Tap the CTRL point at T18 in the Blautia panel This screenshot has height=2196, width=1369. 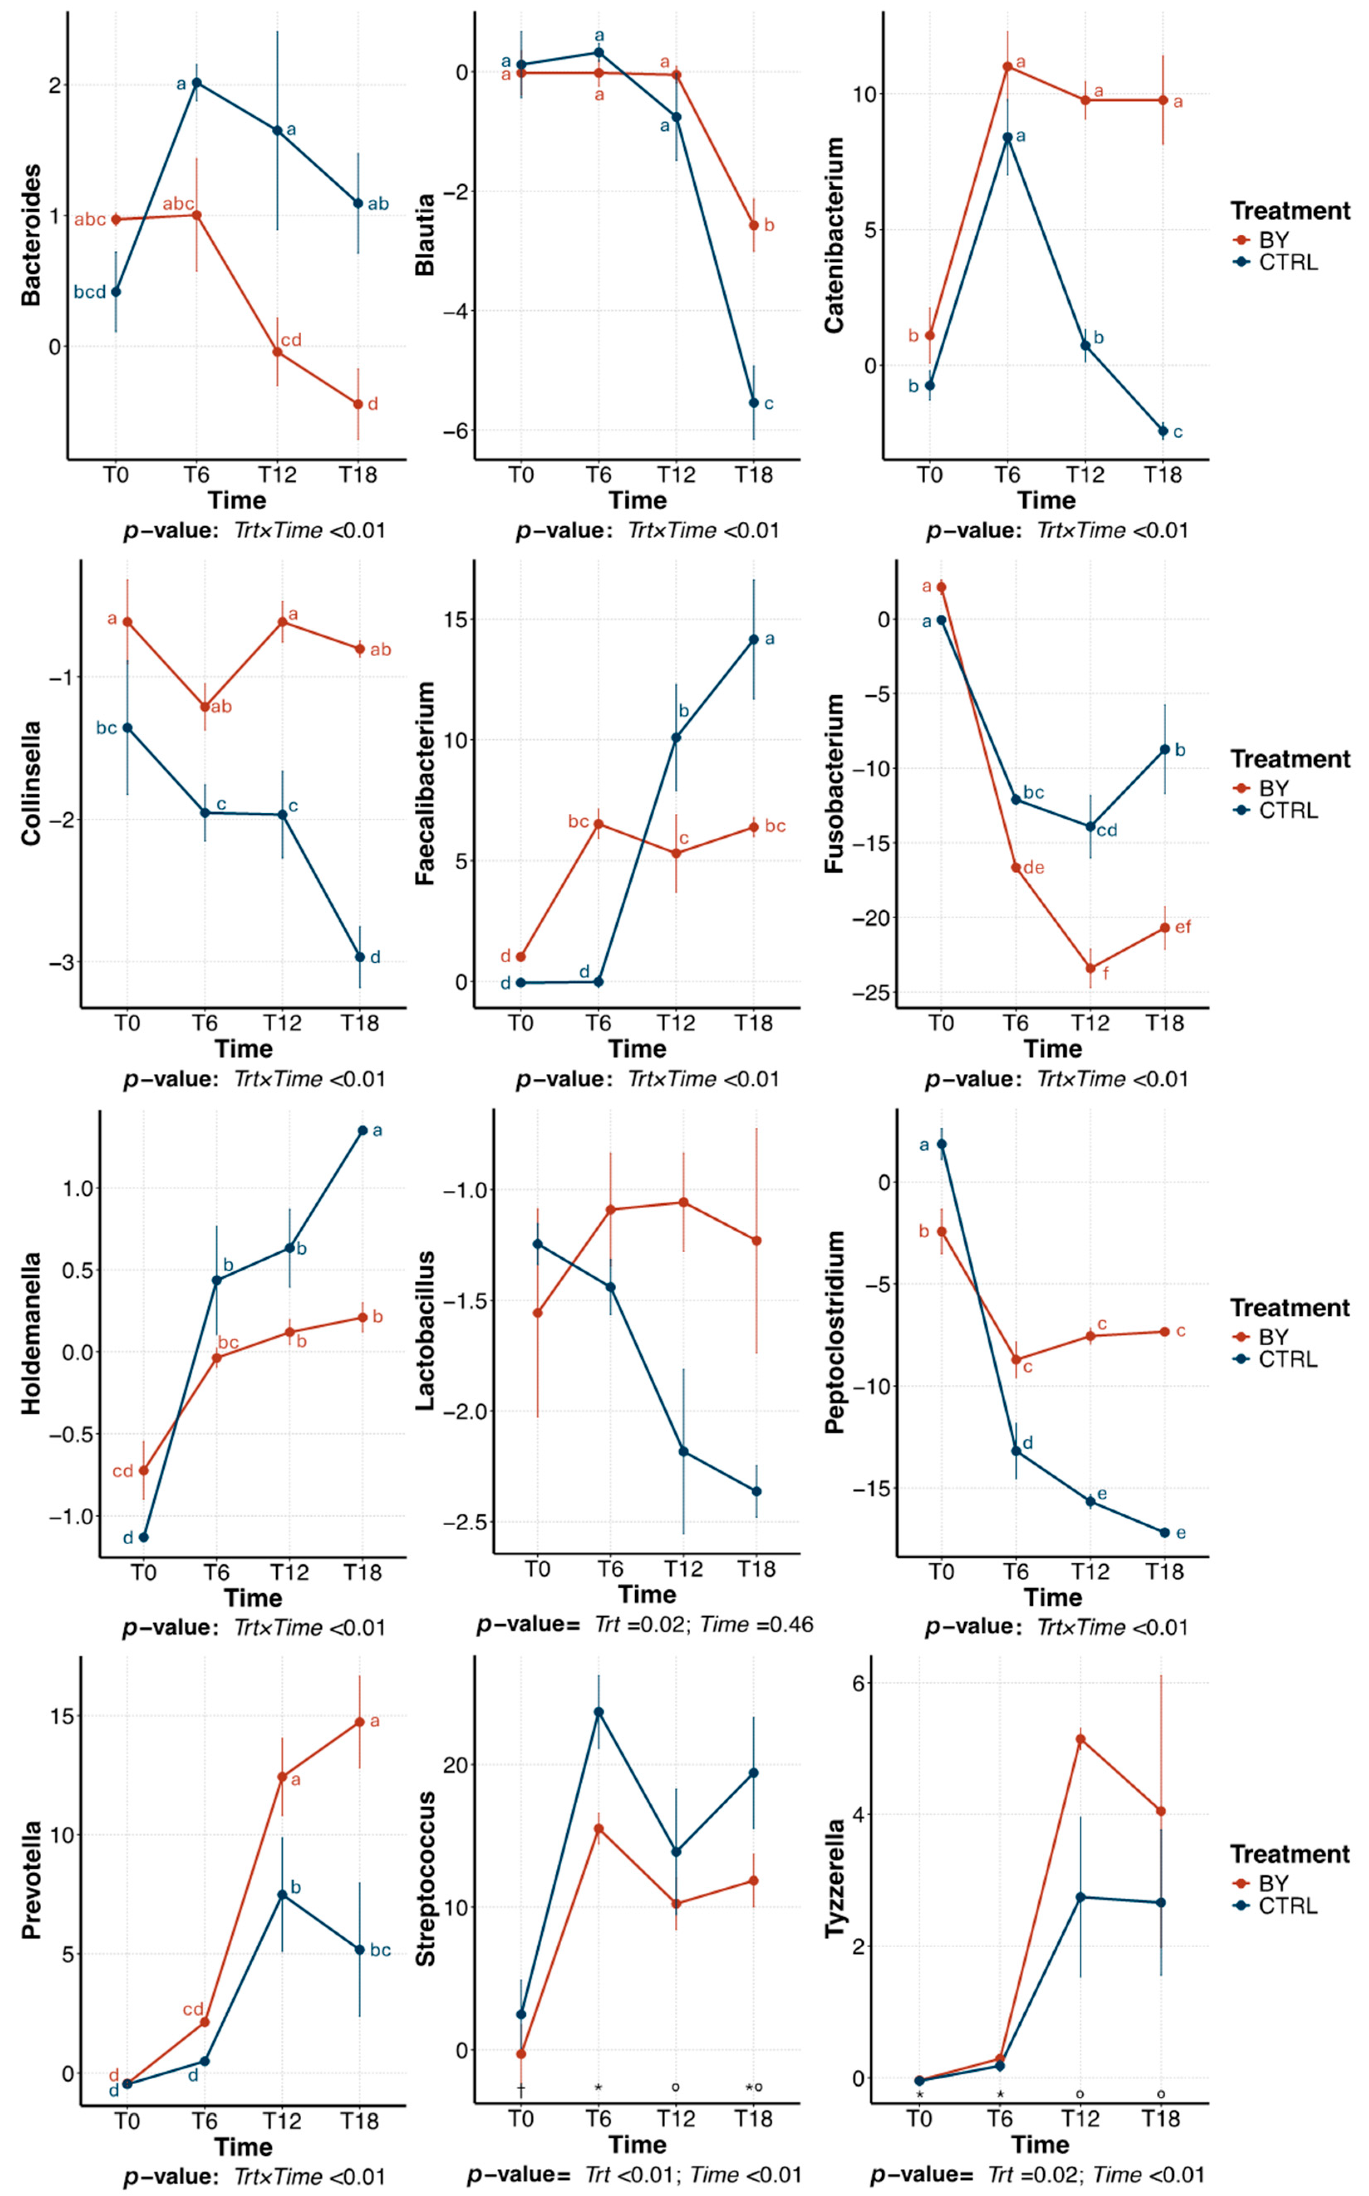[x=753, y=403]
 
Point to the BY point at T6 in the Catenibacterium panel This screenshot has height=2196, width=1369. [x=1008, y=66]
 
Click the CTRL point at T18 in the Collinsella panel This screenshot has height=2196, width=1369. [x=359, y=957]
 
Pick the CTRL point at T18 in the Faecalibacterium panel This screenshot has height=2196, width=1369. [x=753, y=639]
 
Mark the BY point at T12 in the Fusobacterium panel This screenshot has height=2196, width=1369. [x=1090, y=969]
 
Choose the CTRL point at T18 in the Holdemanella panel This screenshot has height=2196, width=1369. [x=362, y=1131]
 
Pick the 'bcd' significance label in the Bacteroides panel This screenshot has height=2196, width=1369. [x=90, y=292]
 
